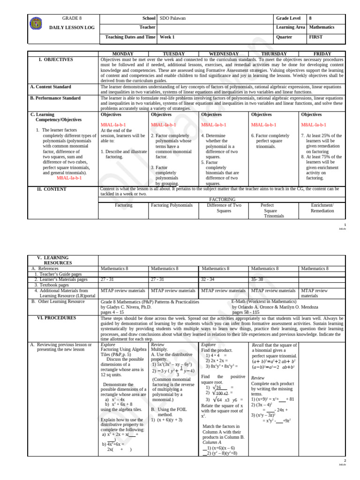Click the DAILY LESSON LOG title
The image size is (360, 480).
tap(72, 28)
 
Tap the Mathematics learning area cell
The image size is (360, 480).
tap(326, 27)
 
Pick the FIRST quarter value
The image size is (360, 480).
tap(315, 37)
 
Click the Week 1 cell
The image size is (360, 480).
tap(167, 37)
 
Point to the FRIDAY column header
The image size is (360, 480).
tap(322, 54)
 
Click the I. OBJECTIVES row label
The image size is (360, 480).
tap(56, 60)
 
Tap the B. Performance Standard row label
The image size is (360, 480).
tap(55, 98)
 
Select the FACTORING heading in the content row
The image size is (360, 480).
tap(222, 199)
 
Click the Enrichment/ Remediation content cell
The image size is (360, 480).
tap(322, 208)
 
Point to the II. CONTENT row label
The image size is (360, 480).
tap(52, 189)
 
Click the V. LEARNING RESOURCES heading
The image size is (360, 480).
tap(56, 260)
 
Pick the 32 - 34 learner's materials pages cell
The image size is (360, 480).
tap(208, 279)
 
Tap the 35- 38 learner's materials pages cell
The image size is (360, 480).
tap(258, 279)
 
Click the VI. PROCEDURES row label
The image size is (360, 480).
tap(56, 317)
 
